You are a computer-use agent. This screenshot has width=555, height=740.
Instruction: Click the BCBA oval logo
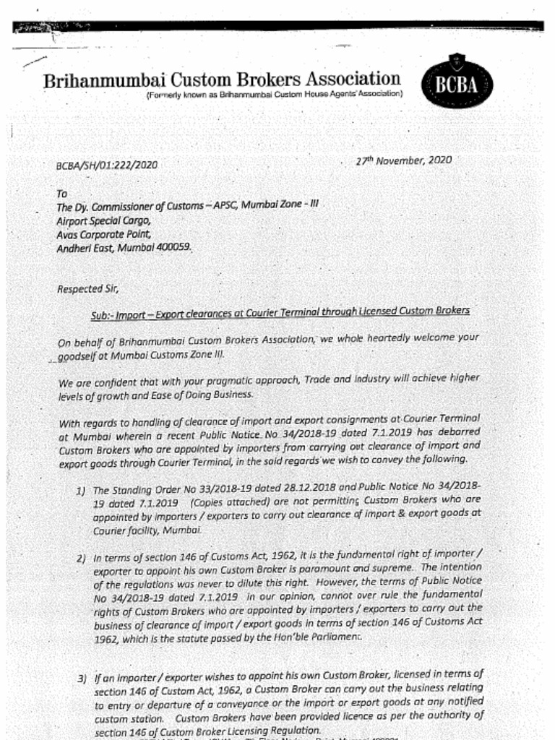pos(457,83)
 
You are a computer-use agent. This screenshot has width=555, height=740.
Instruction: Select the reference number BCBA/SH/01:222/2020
pos(106,165)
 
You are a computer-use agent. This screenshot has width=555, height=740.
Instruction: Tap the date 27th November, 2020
pos(403,160)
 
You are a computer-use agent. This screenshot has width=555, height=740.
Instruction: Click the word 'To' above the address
pos(61,194)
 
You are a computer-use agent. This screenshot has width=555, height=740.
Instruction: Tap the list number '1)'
pos(82,491)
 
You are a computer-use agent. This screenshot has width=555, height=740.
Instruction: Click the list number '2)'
pos(82,559)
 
